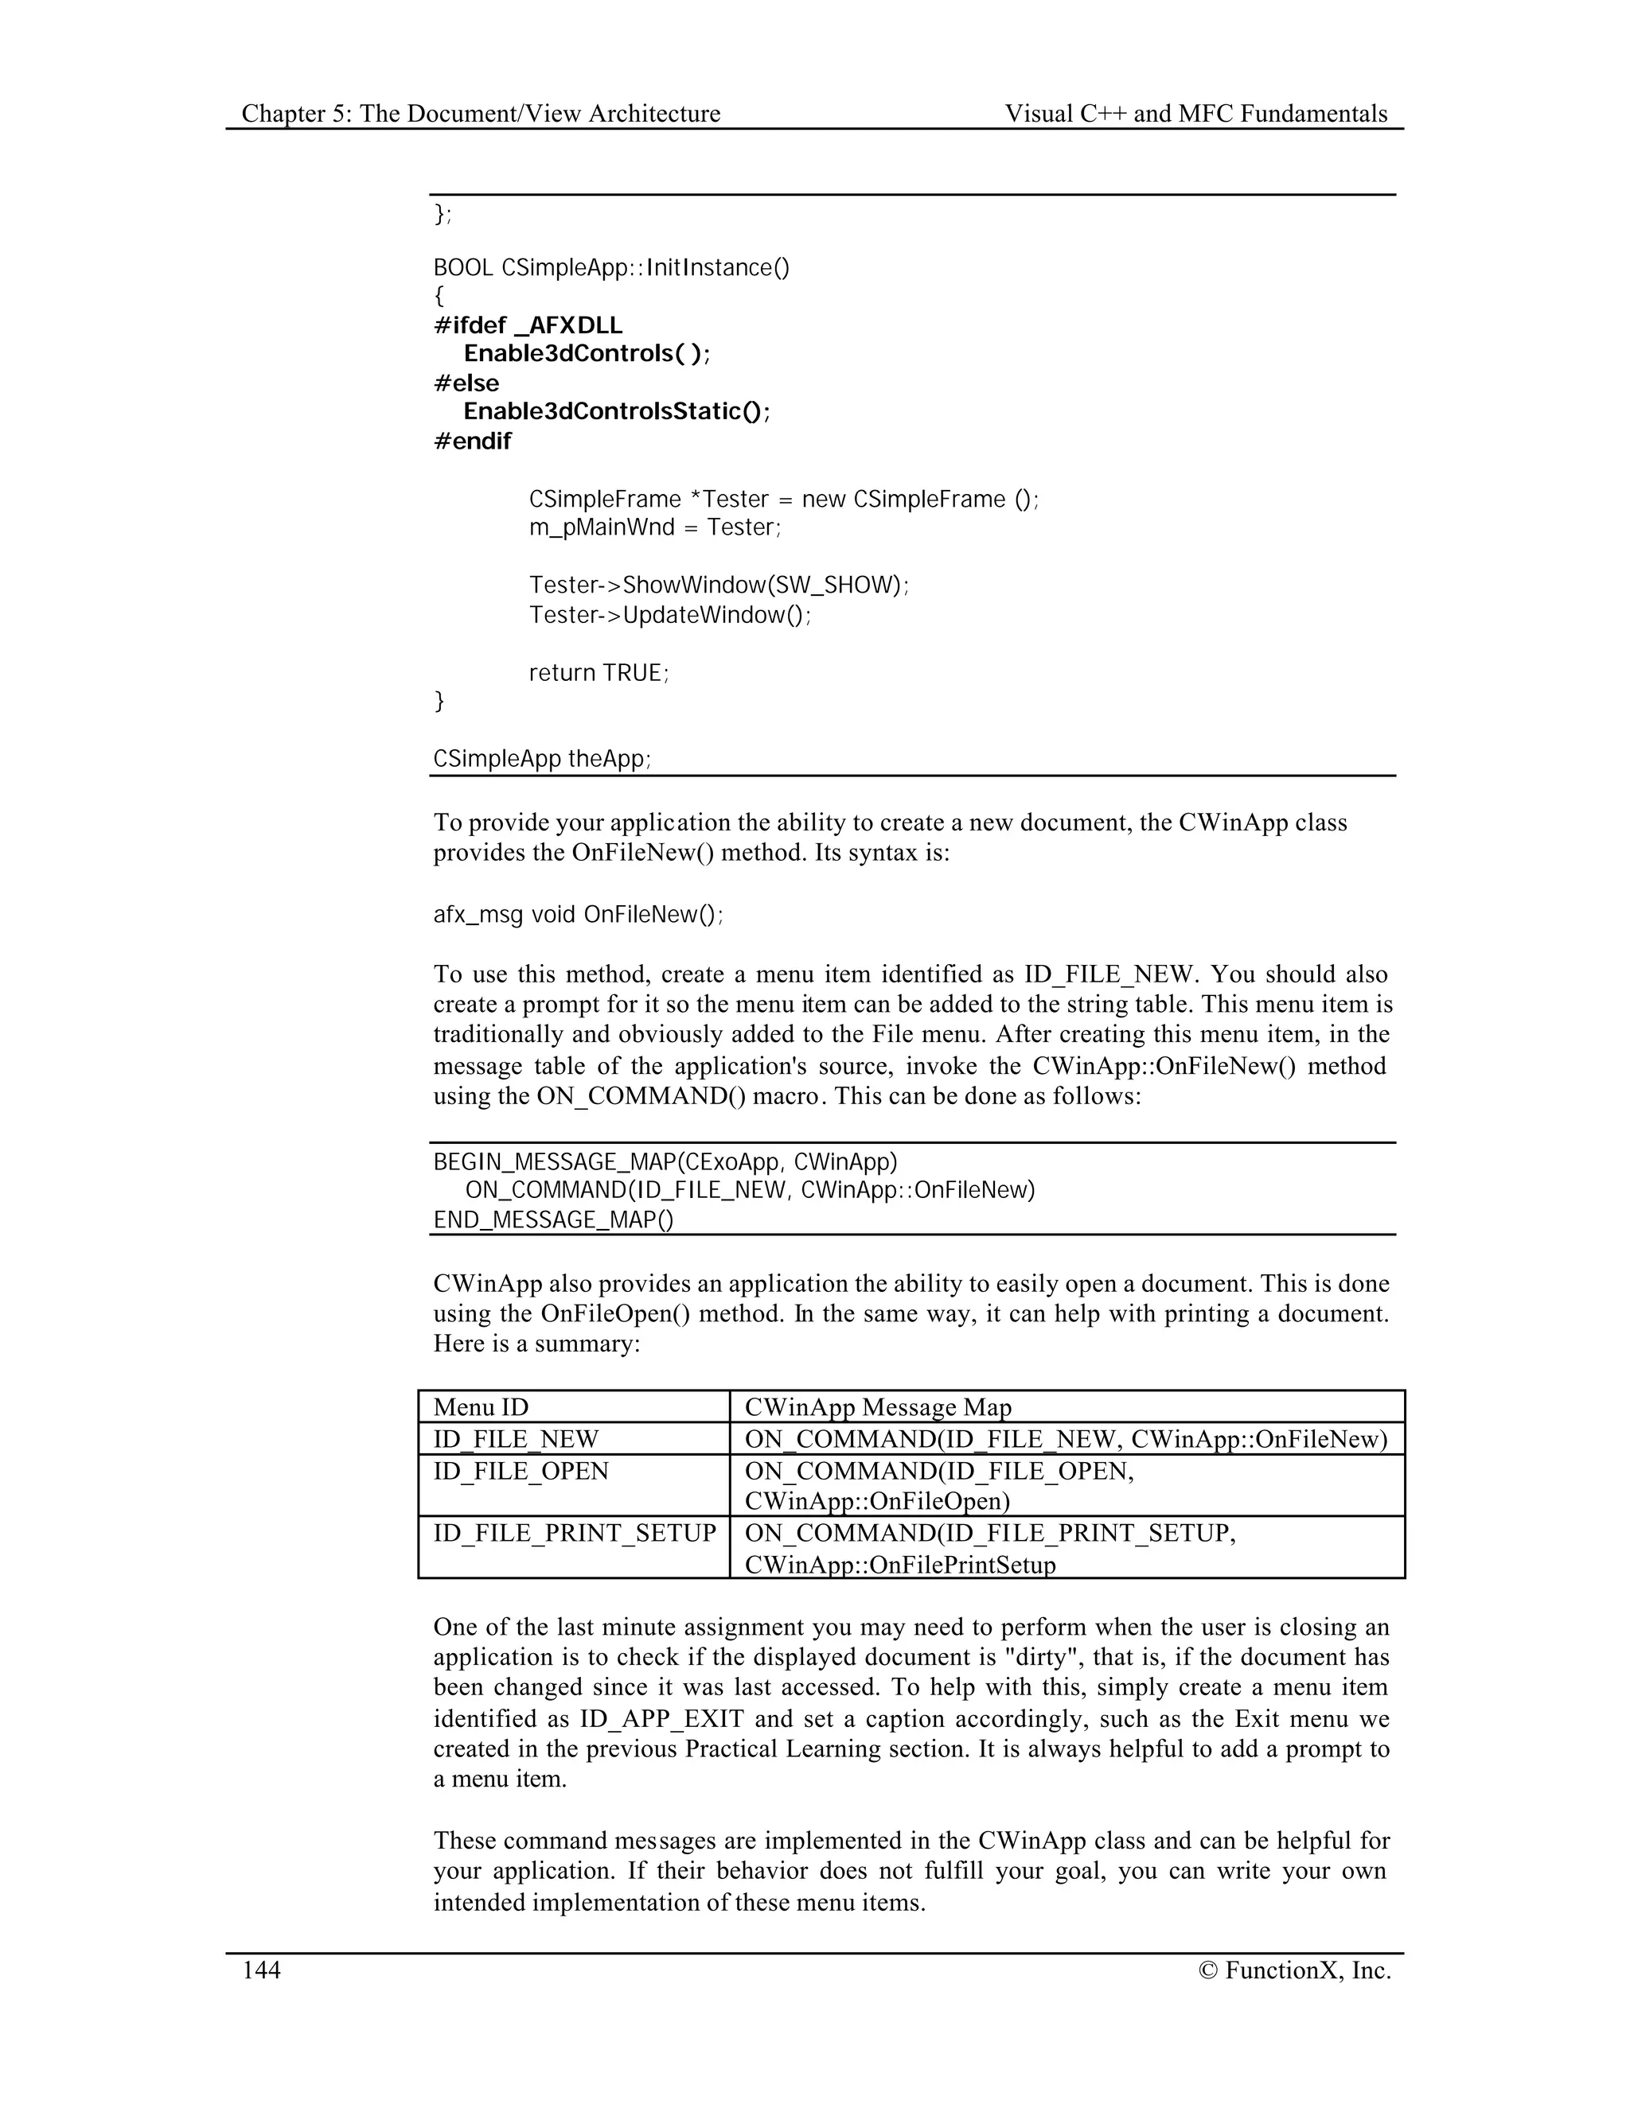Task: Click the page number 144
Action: (261, 1970)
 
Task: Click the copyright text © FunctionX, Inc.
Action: (1294, 1970)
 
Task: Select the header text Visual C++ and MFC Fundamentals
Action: (1195, 114)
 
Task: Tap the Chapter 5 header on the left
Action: (481, 114)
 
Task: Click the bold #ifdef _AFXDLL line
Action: (528, 325)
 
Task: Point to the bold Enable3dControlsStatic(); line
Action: (617, 411)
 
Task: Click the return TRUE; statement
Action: (599, 673)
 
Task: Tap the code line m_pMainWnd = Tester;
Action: (655, 527)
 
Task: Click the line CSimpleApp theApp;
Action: (542, 759)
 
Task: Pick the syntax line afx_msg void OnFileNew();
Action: (578, 914)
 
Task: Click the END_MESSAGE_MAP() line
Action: (553, 1220)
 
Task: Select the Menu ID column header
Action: (481, 1407)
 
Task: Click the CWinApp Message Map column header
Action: (878, 1407)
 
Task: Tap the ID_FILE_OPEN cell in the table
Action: (521, 1471)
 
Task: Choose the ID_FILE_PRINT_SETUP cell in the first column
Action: (575, 1533)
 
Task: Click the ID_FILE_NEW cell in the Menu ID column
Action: (516, 1439)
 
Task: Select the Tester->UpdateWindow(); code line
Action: (670, 615)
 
